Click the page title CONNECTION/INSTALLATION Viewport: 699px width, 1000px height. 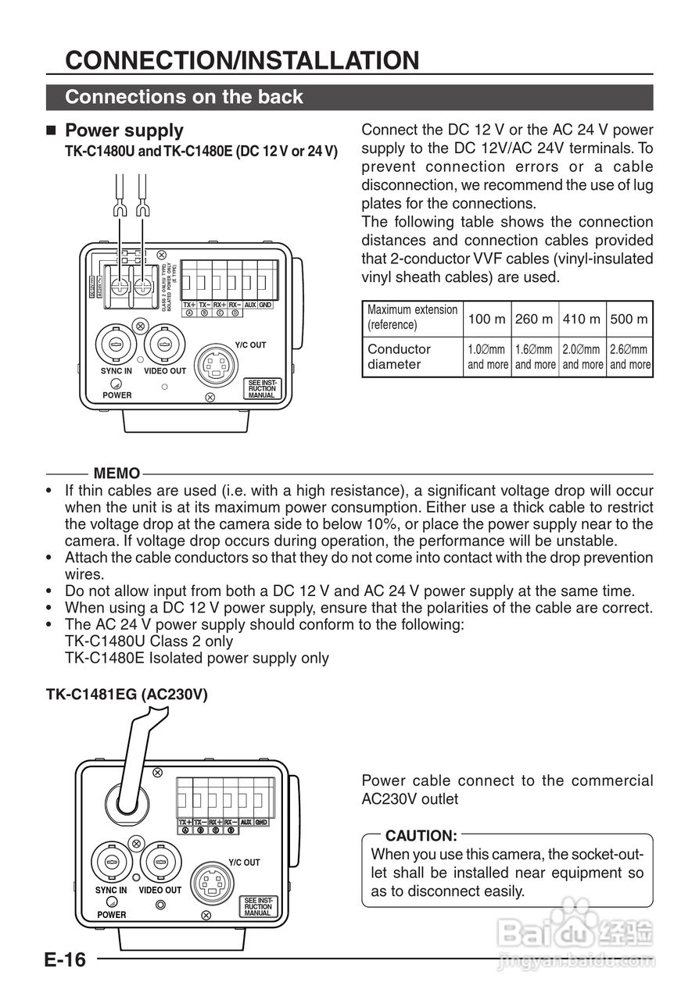coord(242,60)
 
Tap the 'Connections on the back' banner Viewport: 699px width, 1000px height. coord(185,97)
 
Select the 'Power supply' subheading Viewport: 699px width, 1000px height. coord(124,130)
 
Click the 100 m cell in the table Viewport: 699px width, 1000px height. coord(487,319)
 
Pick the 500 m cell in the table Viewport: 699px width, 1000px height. coord(629,319)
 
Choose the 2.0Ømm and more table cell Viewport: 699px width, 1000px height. coord(582,357)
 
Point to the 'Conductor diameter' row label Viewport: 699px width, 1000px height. coord(400,357)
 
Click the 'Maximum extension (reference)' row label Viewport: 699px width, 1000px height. coord(412,317)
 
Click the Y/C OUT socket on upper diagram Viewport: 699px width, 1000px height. coord(217,365)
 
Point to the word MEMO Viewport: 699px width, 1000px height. coord(116,473)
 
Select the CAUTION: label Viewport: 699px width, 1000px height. coord(421,836)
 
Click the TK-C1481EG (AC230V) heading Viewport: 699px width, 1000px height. coord(127,695)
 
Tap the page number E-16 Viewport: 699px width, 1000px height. coord(65,959)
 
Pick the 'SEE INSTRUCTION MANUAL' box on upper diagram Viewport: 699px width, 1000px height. coord(262,388)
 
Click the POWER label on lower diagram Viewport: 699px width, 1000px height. coord(112,914)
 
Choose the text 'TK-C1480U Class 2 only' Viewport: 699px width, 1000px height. coord(149,641)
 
